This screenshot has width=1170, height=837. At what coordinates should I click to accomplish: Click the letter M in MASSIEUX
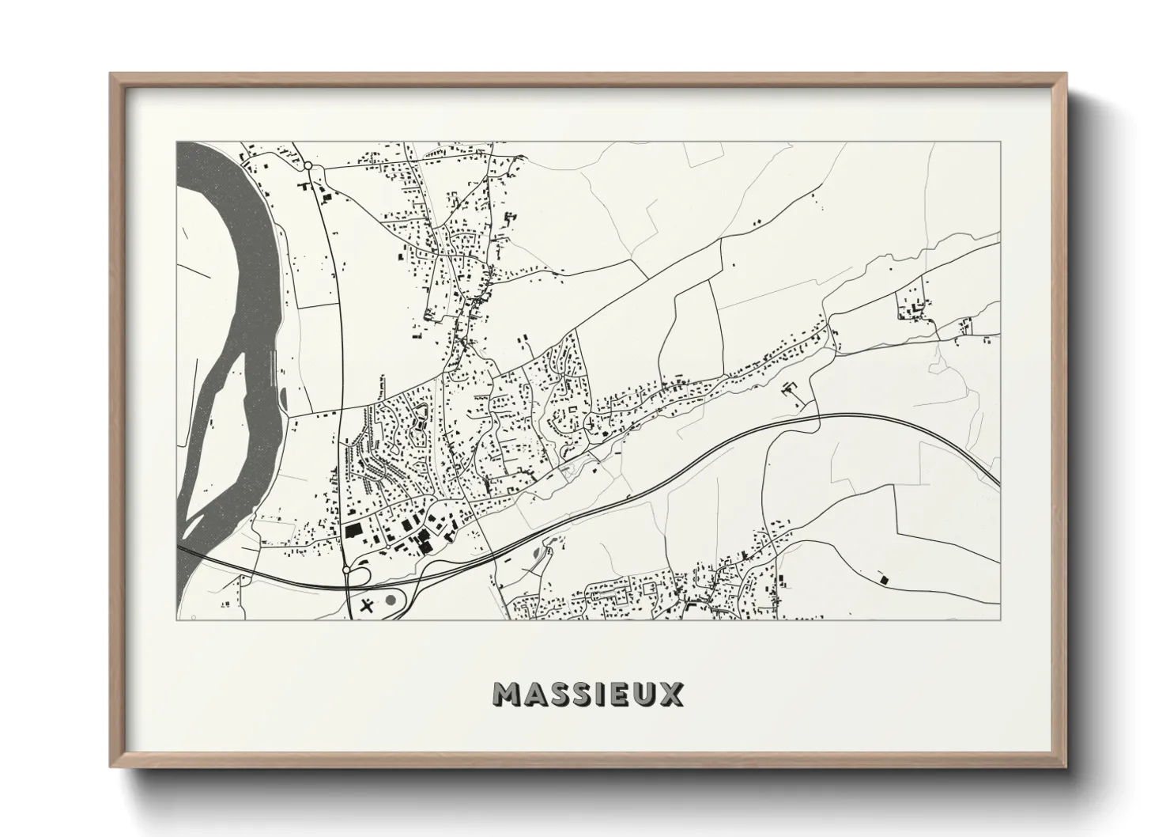click(508, 694)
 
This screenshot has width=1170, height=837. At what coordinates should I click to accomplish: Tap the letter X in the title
click(671, 694)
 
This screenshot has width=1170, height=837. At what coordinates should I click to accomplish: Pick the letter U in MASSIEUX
click(643, 694)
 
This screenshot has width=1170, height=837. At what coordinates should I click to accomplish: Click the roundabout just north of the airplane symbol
click(346, 569)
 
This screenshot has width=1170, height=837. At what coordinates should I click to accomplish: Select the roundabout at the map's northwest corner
click(308, 165)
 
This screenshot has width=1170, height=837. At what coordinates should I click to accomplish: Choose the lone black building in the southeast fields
click(884, 578)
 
